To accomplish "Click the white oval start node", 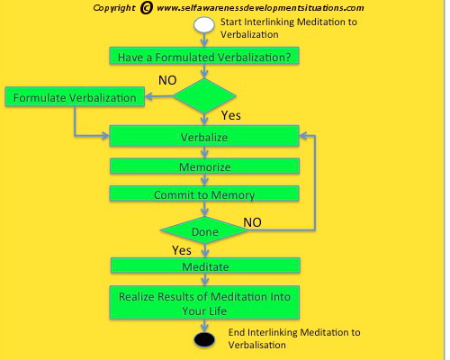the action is pyautogui.click(x=204, y=24).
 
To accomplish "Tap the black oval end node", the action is pyautogui.click(x=204, y=339).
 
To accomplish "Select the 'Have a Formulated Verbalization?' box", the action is pyautogui.click(x=204, y=56).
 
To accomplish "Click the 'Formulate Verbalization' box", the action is pyautogui.click(x=75, y=96).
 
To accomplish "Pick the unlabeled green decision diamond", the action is pyautogui.click(x=204, y=96).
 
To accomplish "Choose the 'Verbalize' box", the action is pyautogui.click(x=204, y=136).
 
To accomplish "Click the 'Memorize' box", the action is pyautogui.click(x=204, y=166).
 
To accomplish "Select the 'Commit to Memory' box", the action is pyautogui.click(x=204, y=193).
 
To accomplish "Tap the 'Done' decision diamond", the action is pyautogui.click(x=204, y=230).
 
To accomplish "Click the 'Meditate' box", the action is pyautogui.click(x=205, y=265).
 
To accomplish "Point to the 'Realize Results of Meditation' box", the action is pyautogui.click(x=204, y=302).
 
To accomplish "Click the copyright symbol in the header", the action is pyautogui.click(x=146, y=8).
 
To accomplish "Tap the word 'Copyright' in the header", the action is pyautogui.click(x=114, y=8).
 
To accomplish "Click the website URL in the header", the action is pyautogui.click(x=260, y=8).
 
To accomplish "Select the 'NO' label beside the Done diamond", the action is pyautogui.click(x=252, y=222).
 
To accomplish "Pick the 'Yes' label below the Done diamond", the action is pyautogui.click(x=182, y=250).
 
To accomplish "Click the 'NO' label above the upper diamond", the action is pyautogui.click(x=167, y=80).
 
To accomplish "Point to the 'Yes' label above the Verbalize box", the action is pyautogui.click(x=231, y=115).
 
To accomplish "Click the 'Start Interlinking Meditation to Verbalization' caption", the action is pyautogui.click(x=289, y=28).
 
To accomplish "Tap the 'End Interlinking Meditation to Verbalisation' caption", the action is pyautogui.click(x=294, y=338).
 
